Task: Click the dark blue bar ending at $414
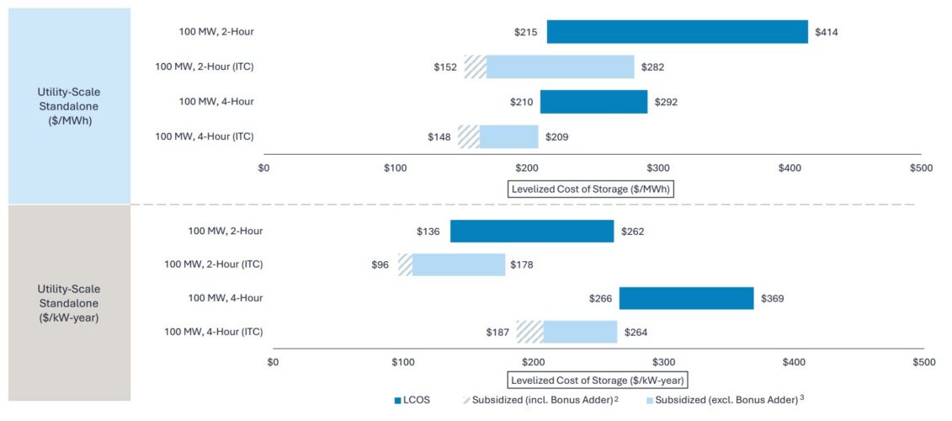click(677, 32)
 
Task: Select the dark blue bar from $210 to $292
click(593, 101)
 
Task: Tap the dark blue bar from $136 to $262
click(532, 231)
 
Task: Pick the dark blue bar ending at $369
click(686, 298)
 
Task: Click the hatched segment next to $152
click(476, 67)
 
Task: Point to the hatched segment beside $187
click(529, 332)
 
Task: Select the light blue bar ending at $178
click(459, 264)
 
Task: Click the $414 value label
click(826, 32)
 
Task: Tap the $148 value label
click(439, 136)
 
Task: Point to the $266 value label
click(601, 298)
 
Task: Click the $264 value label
click(636, 332)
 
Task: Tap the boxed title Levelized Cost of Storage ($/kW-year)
click(598, 381)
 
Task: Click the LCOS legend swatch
click(398, 400)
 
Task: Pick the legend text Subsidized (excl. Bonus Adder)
click(726, 400)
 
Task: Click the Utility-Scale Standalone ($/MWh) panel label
click(69, 106)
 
